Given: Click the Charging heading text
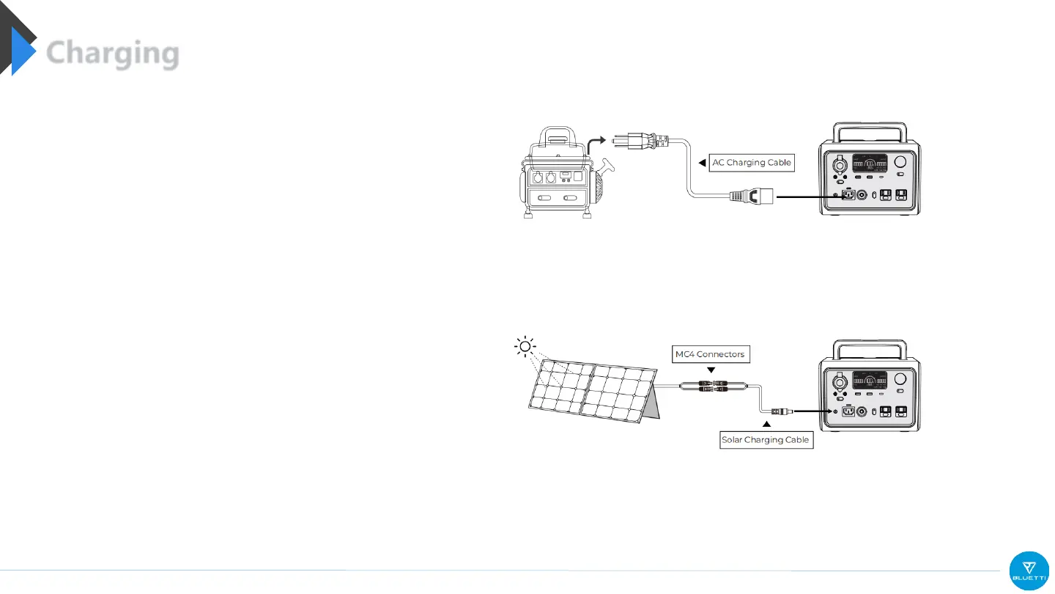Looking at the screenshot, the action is pos(113,54).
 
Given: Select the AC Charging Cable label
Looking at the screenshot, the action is pos(752,163).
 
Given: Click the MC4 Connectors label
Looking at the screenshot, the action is pos(710,354).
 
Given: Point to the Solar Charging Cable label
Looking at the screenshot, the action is pos(766,440).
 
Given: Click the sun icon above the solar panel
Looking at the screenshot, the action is pos(525,346).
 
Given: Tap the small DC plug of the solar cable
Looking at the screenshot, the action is pos(778,411).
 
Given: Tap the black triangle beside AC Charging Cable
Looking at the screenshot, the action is pos(701,163).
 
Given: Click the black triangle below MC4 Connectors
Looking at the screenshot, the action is pos(710,370).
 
